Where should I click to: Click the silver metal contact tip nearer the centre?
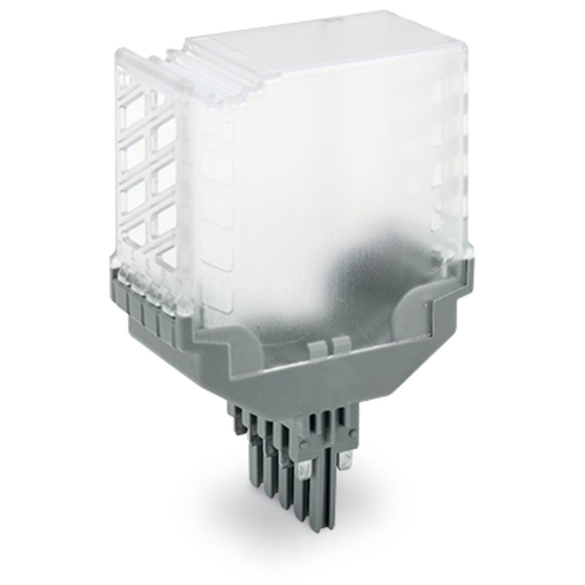(305, 468)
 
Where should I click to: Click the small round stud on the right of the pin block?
(353, 433)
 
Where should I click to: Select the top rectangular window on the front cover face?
(218, 126)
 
